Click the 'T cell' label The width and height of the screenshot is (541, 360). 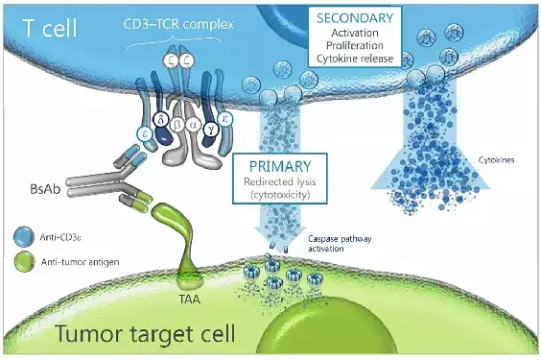(x=46, y=27)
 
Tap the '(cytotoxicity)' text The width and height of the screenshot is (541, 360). (x=282, y=198)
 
